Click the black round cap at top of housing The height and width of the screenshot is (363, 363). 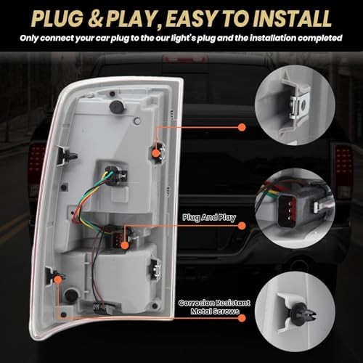tap(114, 107)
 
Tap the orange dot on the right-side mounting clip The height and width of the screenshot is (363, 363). tap(158, 152)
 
